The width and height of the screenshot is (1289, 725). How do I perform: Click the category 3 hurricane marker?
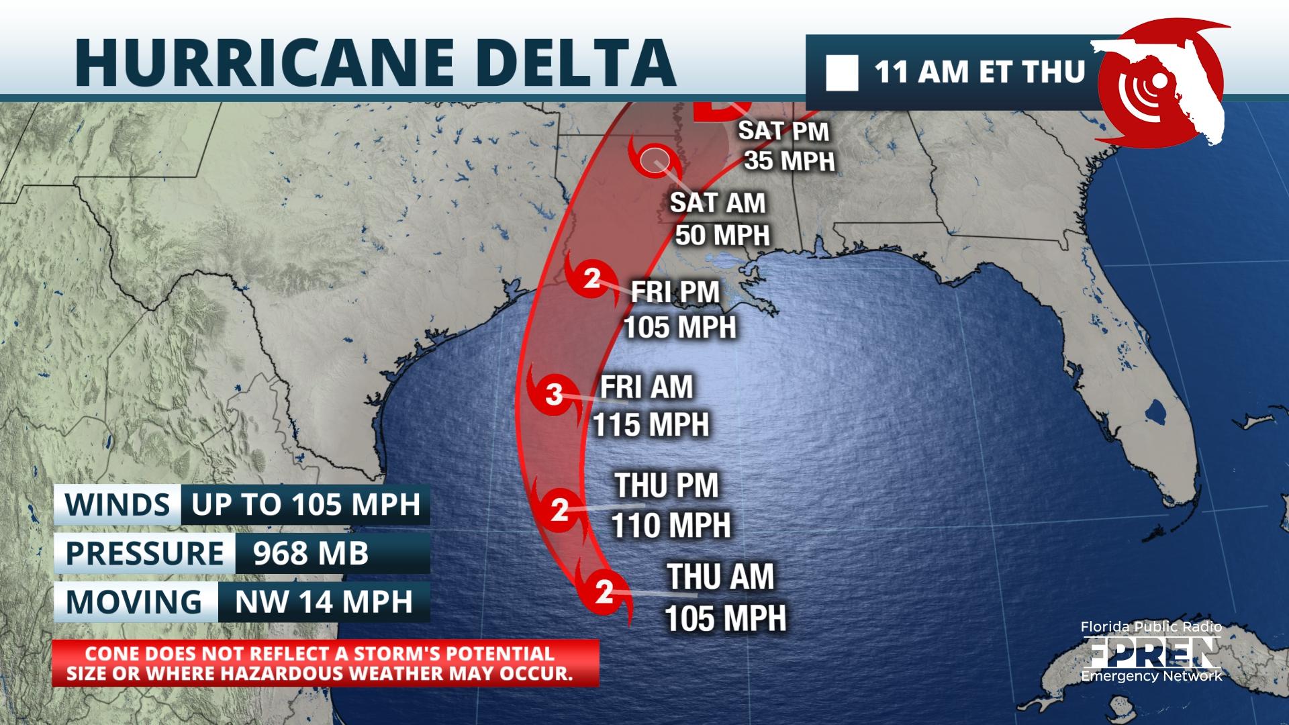pyautogui.click(x=554, y=394)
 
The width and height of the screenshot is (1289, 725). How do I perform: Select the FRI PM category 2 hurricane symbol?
pyautogui.click(x=591, y=278)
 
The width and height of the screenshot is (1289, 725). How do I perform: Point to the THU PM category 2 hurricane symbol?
pyautogui.click(x=559, y=510)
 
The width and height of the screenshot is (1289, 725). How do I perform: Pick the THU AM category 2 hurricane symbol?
pyautogui.click(x=604, y=592)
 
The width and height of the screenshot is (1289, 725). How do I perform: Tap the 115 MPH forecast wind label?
pyautogui.click(x=651, y=424)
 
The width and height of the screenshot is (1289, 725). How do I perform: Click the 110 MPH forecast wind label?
pyautogui.click(x=671, y=524)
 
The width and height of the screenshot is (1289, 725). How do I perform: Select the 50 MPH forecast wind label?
pyautogui.click(x=722, y=235)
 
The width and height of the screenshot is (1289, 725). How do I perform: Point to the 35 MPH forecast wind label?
pyautogui.click(x=790, y=161)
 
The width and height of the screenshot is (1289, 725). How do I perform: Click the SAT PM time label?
pyautogui.click(x=783, y=131)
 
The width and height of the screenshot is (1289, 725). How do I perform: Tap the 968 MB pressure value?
pyautogui.click(x=311, y=554)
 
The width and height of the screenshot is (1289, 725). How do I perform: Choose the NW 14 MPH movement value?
pyautogui.click(x=324, y=602)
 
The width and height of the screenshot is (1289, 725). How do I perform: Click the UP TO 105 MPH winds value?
pyautogui.click(x=305, y=504)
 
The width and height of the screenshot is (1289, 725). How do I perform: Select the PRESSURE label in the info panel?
pyautogui.click(x=144, y=554)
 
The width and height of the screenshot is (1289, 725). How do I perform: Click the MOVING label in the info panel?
pyautogui.click(x=134, y=602)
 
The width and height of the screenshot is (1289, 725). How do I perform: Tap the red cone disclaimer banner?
pyautogui.click(x=325, y=663)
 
